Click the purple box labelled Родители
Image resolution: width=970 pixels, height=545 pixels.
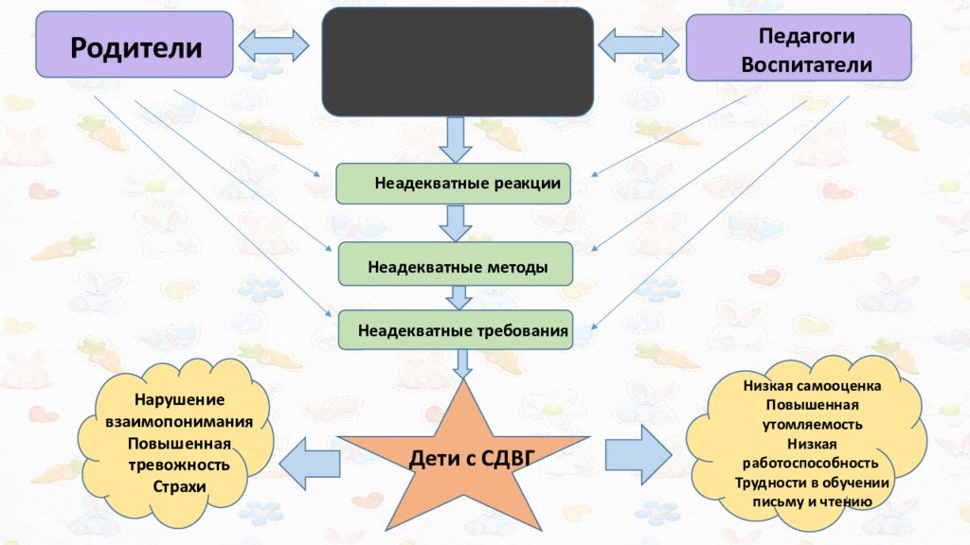click(135, 44)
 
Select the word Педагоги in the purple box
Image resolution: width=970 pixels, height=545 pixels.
click(806, 37)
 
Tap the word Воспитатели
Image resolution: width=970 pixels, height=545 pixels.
click(806, 64)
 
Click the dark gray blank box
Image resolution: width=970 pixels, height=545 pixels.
click(458, 62)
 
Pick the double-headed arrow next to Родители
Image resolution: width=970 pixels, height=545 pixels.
click(274, 45)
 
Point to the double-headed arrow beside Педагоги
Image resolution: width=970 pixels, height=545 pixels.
click(638, 45)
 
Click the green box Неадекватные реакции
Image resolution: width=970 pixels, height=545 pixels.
click(454, 184)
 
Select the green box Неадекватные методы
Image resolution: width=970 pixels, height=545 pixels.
click(456, 264)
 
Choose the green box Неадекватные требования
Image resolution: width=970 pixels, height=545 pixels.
click(456, 330)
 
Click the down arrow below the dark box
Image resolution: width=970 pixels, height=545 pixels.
click(456, 140)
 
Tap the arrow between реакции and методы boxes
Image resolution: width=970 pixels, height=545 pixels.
click(456, 223)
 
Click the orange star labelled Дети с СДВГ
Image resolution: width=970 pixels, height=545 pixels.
click(464, 457)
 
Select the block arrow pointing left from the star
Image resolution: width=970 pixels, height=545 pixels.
click(310, 464)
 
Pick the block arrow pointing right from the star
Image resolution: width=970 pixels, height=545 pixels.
click(638, 455)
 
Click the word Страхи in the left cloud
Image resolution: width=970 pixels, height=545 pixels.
click(179, 486)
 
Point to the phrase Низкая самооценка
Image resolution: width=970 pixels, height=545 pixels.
click(812, 386)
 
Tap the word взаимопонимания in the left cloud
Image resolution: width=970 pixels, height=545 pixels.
click(179, 422)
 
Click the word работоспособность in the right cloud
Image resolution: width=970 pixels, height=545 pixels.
click(811, 464)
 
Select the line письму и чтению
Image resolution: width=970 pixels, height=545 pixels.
click(812, 501)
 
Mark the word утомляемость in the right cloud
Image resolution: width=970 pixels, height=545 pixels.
click(812, 425)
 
